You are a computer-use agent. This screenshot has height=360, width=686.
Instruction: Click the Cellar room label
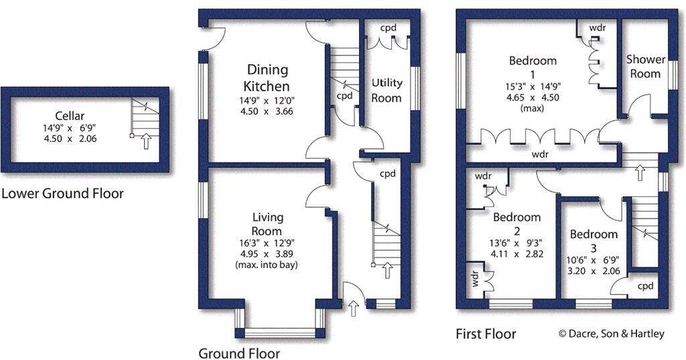[70, 116]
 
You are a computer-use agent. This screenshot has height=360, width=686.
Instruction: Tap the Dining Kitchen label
[267, 78]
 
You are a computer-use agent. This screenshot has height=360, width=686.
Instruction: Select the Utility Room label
[387, 91]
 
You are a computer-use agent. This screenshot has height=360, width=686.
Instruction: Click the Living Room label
[268, 225]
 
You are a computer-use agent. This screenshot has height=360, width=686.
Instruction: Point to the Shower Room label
[645, 66]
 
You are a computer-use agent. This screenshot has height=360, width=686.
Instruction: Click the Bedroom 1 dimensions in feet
[533, 85]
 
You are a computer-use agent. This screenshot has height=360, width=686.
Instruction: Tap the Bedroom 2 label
[517, 225]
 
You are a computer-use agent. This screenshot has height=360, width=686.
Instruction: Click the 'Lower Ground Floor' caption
[62, 194]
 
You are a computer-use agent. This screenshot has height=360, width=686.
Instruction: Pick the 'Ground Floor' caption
[239, 353]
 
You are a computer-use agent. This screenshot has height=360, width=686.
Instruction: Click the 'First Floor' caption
[486, 333]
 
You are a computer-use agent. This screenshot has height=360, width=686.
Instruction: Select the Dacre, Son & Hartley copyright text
[611, 333]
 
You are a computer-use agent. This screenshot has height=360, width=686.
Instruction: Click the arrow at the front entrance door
[353, 309]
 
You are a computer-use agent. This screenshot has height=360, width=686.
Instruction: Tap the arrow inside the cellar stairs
[147, 141]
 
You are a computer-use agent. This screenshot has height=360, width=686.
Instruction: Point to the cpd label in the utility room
[389, 28]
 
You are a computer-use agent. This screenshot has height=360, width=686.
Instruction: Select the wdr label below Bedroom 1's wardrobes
[540, 154]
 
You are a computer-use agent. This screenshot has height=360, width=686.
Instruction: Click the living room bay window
[280, 332]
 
